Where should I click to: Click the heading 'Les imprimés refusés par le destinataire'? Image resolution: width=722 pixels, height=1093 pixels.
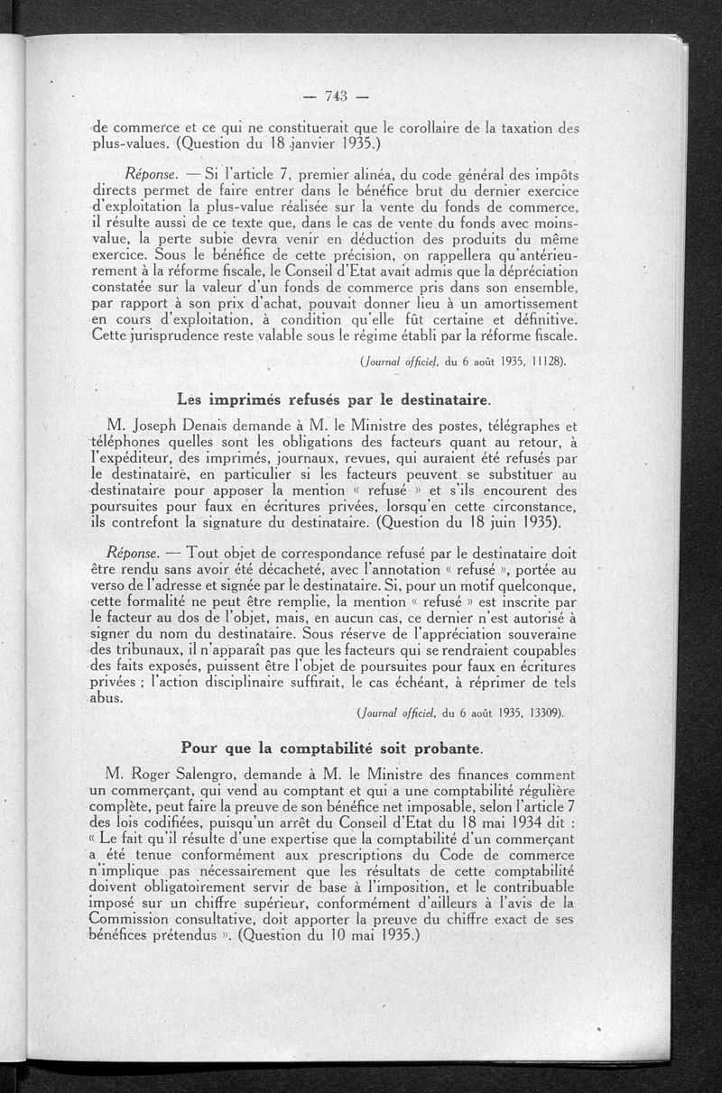pyautogui.click(x=335, y=398)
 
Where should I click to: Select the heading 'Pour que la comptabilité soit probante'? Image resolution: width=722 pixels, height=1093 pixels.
pyautogui.click(x=332, y=747)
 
